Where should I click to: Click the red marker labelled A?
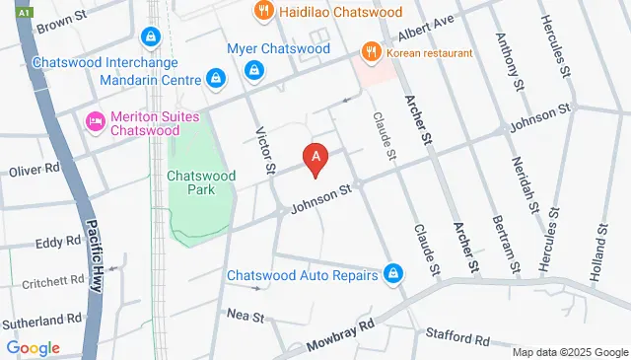coord(315,158)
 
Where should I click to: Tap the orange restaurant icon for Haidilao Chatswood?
coord(262,12)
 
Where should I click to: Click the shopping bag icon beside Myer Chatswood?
coord(254,70)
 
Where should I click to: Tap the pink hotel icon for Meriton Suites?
coord(96,121)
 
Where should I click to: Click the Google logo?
coord(33,347)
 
